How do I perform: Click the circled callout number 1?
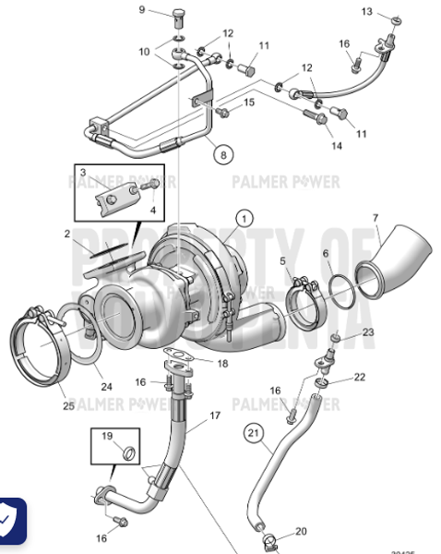[x=244, y=219]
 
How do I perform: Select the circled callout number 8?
[x=221, y=156]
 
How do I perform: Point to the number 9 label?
[x=142, y=10]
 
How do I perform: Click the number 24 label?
[x=106, y=387]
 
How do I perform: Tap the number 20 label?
[x=301, y=532]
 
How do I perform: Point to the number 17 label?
[x=215, y=415]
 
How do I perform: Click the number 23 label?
[x=368, y=331]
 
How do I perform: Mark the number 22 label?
[x=360, y=377]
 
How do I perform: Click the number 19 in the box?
[x=106, y=436]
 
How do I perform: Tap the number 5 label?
[x=282, y=261]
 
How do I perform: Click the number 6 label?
[x=326, y=254]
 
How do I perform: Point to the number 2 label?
[x=67, y=235]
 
